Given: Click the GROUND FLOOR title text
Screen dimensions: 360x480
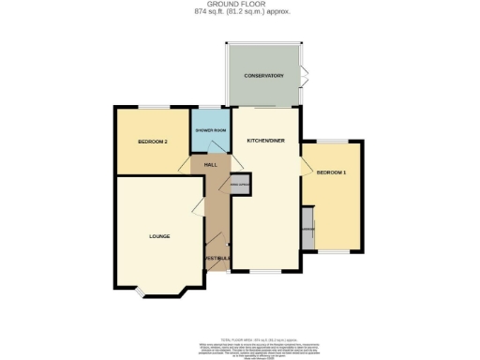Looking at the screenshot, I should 239,5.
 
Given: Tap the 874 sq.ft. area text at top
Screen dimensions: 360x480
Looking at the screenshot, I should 239,12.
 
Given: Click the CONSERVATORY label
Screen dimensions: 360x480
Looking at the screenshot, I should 263,75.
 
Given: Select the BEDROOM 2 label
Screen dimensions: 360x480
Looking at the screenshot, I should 152,142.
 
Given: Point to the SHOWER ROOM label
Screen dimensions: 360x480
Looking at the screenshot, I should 210,130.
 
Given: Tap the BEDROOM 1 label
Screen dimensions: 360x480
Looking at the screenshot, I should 331,173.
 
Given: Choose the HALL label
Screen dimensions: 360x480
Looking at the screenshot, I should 211,164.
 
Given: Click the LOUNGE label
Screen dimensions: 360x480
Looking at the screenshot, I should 158,236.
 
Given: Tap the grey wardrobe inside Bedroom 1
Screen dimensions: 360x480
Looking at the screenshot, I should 307,231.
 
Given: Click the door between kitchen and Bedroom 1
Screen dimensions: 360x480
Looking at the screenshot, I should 305,165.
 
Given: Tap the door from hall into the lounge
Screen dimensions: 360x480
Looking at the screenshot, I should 200,209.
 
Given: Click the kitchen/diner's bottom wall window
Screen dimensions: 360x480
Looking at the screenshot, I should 262,271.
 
